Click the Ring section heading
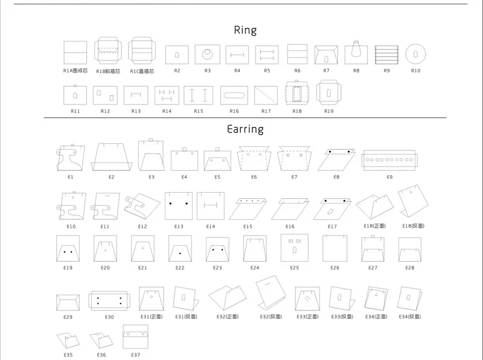[245, 30]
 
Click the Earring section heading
[245, 129]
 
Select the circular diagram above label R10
[415, 54]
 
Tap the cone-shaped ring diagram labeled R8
[356, 53]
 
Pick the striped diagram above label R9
[386, 54]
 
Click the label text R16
[234, 111]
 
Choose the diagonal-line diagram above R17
[266, 95]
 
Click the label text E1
[71, 177]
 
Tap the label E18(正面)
[374, 226]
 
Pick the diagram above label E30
[109, 301]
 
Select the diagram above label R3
[207, 54]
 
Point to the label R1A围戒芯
[76, 71]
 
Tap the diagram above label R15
[199, 95]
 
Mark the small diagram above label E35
[68, 341]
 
